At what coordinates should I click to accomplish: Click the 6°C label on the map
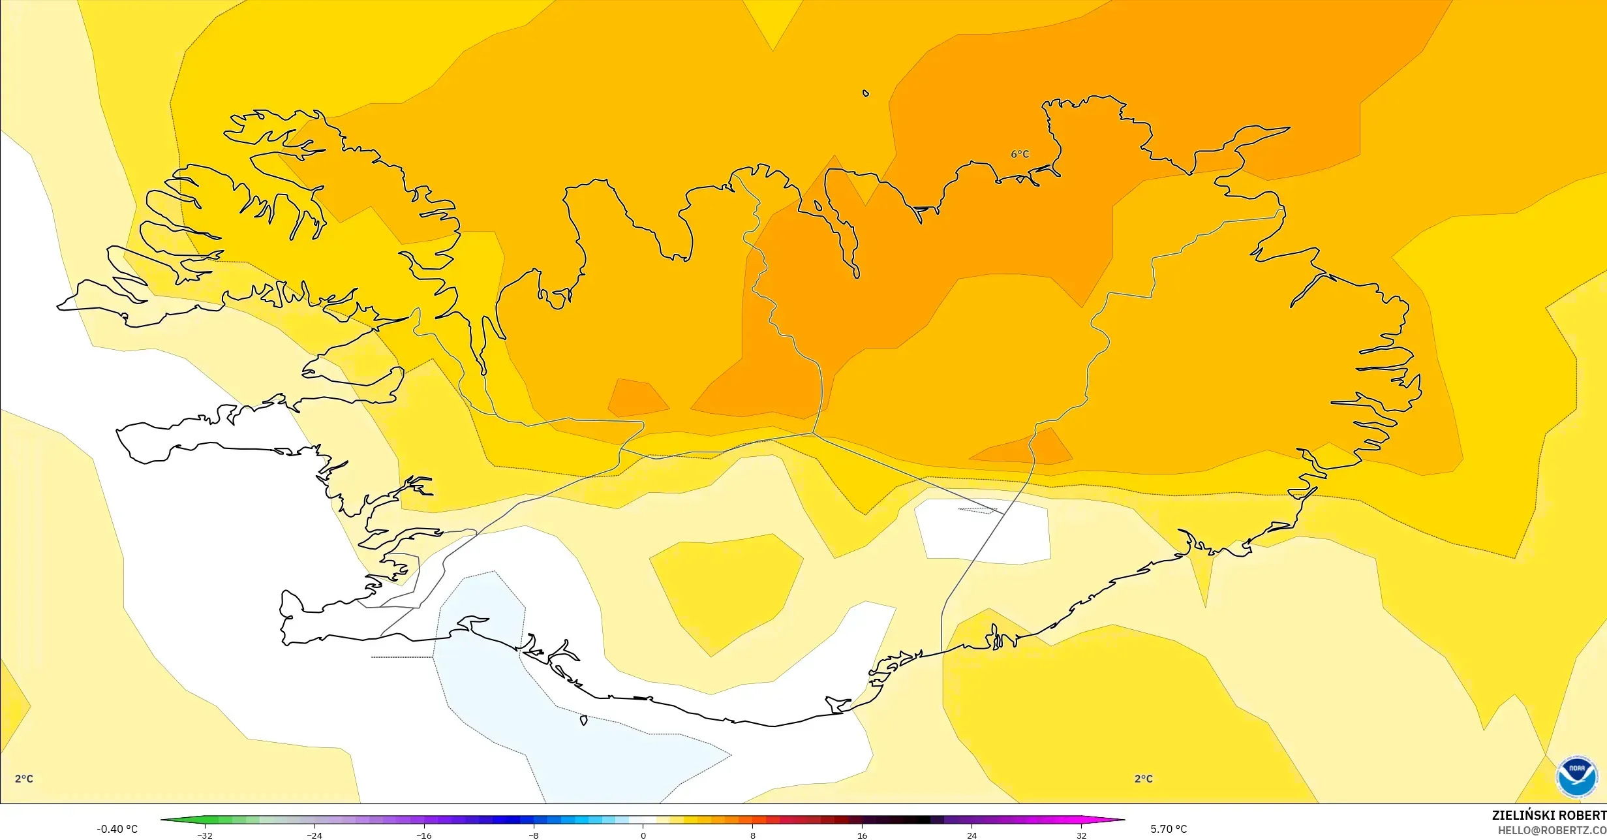1020,154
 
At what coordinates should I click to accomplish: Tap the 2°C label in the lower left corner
24,779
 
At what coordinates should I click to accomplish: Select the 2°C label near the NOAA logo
1143,779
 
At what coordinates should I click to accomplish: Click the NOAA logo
1576,777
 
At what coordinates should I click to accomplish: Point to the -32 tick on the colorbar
205,835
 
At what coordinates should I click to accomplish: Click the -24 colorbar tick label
314,835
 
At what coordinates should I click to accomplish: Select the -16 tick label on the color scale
424,835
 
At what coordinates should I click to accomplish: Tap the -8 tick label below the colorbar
534,835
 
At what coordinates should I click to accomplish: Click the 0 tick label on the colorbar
643,835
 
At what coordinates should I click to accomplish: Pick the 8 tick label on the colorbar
753,835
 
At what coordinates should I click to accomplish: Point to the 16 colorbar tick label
863,835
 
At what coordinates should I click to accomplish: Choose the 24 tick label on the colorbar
972,835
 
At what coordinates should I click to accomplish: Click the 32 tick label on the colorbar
1082,835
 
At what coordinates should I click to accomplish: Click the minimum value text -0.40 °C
117,829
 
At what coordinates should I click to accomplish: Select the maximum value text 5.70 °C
1169,829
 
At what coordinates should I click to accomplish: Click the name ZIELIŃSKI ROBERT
1549,815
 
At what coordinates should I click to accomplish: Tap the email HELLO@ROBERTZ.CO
1552,830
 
